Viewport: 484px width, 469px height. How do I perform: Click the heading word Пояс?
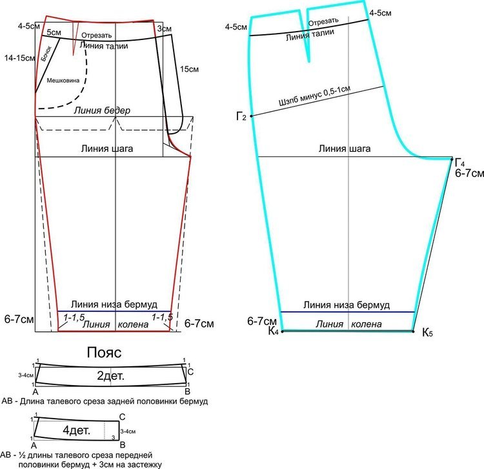104,352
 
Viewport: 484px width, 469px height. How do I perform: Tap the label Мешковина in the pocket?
63,80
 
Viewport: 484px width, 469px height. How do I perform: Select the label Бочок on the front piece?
46,53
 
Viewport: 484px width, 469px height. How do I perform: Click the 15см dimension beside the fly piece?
189,69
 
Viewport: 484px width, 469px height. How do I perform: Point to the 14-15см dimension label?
19,57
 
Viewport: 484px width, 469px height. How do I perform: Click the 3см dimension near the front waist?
164,28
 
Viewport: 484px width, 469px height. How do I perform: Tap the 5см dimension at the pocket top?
54,32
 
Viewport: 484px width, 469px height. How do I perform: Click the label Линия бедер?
102,110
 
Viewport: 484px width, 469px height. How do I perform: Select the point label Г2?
241,116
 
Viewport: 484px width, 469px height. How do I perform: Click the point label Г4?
459,163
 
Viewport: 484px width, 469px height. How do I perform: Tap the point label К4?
274,331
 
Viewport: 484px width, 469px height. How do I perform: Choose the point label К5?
427,333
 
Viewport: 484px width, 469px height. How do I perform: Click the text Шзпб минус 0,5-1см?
314,96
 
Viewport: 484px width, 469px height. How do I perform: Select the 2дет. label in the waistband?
110,376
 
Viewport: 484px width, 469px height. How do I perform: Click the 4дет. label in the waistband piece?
76,430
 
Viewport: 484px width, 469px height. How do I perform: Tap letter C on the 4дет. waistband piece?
122,417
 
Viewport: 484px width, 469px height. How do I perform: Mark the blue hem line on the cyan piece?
347,312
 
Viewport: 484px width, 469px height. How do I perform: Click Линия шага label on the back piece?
345,149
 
